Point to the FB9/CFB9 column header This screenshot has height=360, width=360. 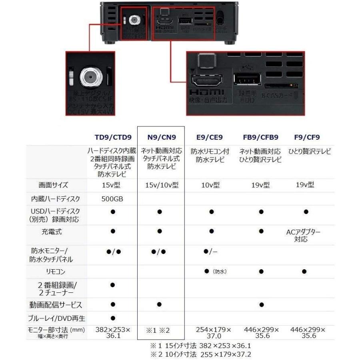[261, 137]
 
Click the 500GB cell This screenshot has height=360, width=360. [112, 199]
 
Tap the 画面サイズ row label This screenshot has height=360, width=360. [53, 185]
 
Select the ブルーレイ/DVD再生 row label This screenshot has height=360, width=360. [56, 319]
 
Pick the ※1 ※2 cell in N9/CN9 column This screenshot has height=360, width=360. [159, 330]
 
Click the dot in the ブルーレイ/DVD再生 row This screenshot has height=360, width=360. [112, 319]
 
